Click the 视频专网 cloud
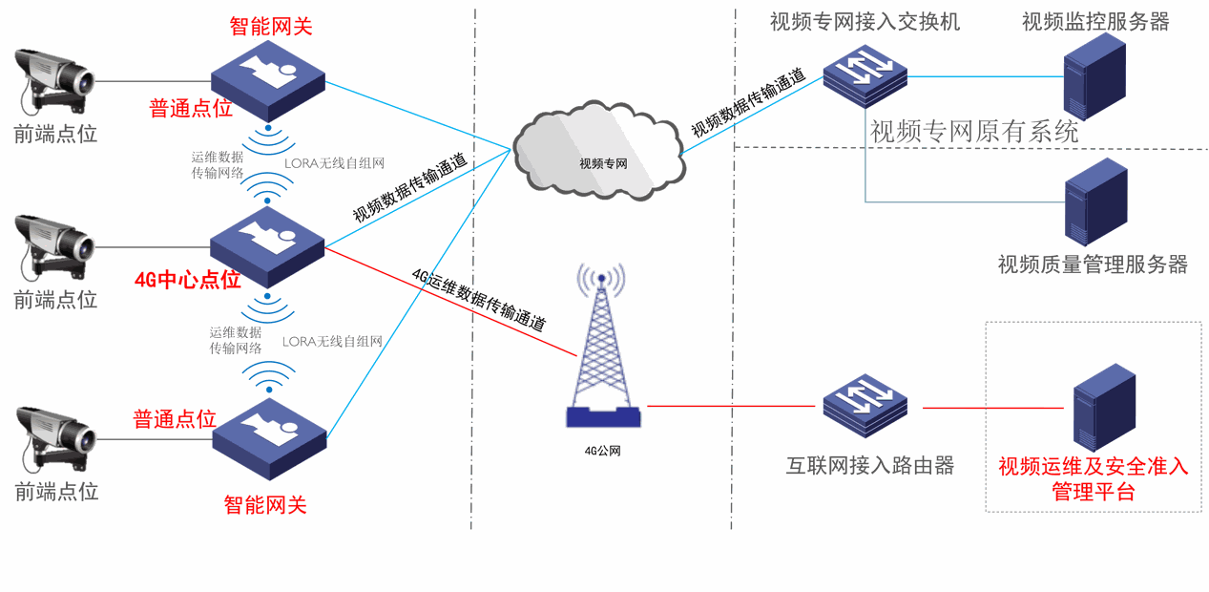599,151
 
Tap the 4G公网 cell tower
602,346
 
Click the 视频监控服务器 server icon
1094,76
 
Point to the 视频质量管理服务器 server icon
1096,201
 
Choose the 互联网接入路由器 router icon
865,405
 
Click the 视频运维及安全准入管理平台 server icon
1104,408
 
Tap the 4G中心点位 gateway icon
267,246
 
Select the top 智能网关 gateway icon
268,80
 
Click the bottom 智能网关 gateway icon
269,439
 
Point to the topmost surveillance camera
54,81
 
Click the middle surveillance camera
54,247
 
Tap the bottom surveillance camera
55,439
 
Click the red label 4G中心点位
187,280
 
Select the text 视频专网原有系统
974,132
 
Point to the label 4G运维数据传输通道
479,300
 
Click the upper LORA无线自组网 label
334,163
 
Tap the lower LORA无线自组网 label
332,342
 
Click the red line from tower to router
731,406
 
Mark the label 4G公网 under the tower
602,451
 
